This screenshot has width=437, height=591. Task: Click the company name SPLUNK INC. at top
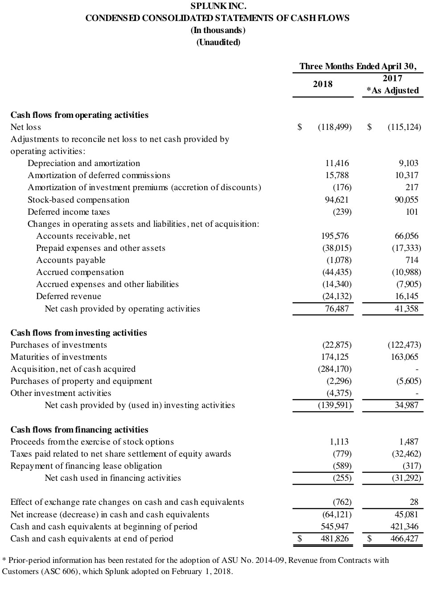[218, 6]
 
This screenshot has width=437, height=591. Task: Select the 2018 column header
[322, 84]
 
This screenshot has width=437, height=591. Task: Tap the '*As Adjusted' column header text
[392, 91]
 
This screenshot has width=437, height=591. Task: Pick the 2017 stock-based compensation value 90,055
[406, 200]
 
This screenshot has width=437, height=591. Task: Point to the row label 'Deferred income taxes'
[69, 212]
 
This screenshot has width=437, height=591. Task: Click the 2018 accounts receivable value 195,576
[335, 236]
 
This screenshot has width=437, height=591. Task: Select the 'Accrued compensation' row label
[80, 272]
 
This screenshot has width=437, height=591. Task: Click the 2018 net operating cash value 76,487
[337, 309]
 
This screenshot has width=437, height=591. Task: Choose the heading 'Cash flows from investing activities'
[78, 333]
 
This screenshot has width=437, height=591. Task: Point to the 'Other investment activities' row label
[61, 393]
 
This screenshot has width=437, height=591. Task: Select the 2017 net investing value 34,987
[406, 405]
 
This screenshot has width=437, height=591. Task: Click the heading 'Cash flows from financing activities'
[79, 430]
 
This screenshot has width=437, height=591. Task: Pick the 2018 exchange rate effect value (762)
[342, 502]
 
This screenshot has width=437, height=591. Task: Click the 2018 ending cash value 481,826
[334, 539]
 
